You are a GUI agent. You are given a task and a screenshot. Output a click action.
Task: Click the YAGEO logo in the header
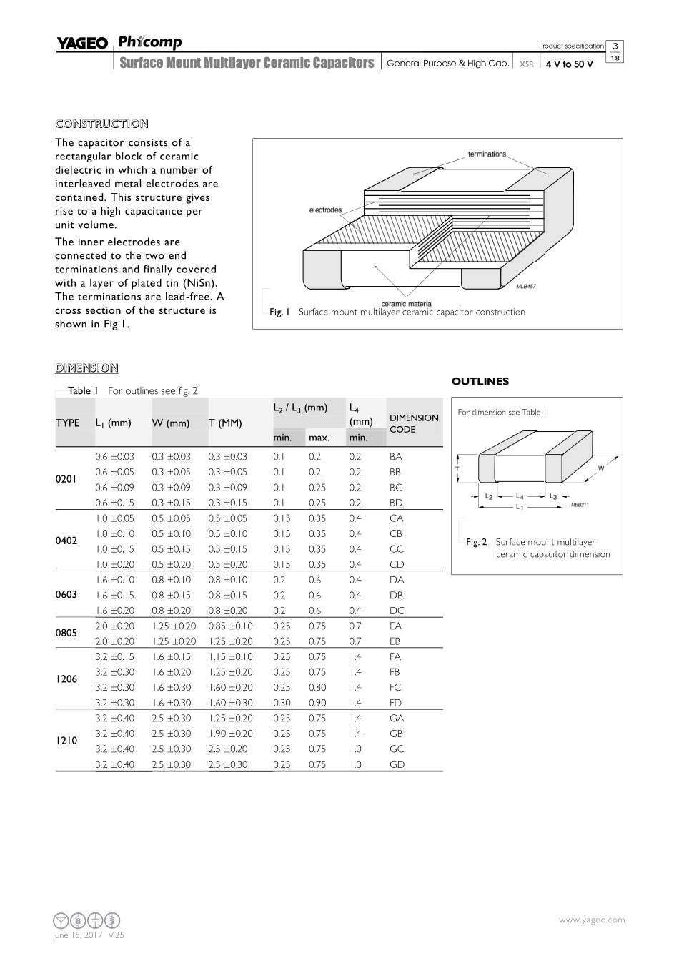pyautogui.click(x=82, y=44)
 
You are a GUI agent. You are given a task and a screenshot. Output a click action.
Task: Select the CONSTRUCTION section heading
pyautogui.click(x=101, y=124)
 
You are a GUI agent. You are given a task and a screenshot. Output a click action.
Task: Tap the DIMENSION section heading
pyautogui.click(x=86, y=368)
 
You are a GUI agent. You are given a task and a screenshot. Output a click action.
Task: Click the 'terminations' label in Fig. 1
pyautogui.click(x=487, y=154)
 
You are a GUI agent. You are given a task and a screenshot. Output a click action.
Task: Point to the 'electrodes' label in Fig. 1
pyautogui.click(x=325, y=210)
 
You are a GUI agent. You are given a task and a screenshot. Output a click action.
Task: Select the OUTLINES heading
pyautogui.click(x=480, y=381)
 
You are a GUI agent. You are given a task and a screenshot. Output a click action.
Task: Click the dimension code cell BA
pyautogui.click(x=396, y=456)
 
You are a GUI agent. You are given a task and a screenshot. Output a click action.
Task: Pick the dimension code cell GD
pyautogui.click(x=397, y=764)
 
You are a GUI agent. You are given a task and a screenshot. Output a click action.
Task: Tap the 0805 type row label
pyautogui.click(x=66, y=634)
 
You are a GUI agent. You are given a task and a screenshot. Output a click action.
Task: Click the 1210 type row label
pyautogui.click(x=66, y=741)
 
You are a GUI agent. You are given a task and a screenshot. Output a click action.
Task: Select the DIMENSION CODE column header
pyautogui.click(x=414, y=423)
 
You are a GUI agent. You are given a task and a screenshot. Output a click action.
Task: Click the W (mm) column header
pyautogui.click(x=171, y=423)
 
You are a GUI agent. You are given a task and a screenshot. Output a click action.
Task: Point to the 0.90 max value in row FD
pyautogui.click(x=317, y=703)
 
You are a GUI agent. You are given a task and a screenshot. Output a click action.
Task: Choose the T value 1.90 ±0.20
pyautogui.click(x=230, y=734)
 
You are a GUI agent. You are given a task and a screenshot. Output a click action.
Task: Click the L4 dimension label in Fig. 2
pyautogui.click(x=520, y=496)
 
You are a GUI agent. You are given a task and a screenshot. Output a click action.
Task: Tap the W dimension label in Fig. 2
pyautogui.click(x=601, y=469)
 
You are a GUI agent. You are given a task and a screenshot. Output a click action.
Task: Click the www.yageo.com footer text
pyautogui.click(x=591, y=920)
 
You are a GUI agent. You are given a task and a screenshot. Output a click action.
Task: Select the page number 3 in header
pyautogui.click(x=615, y=46)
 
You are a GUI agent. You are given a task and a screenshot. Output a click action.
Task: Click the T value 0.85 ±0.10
pyautogui.click(x=230, y=626)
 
